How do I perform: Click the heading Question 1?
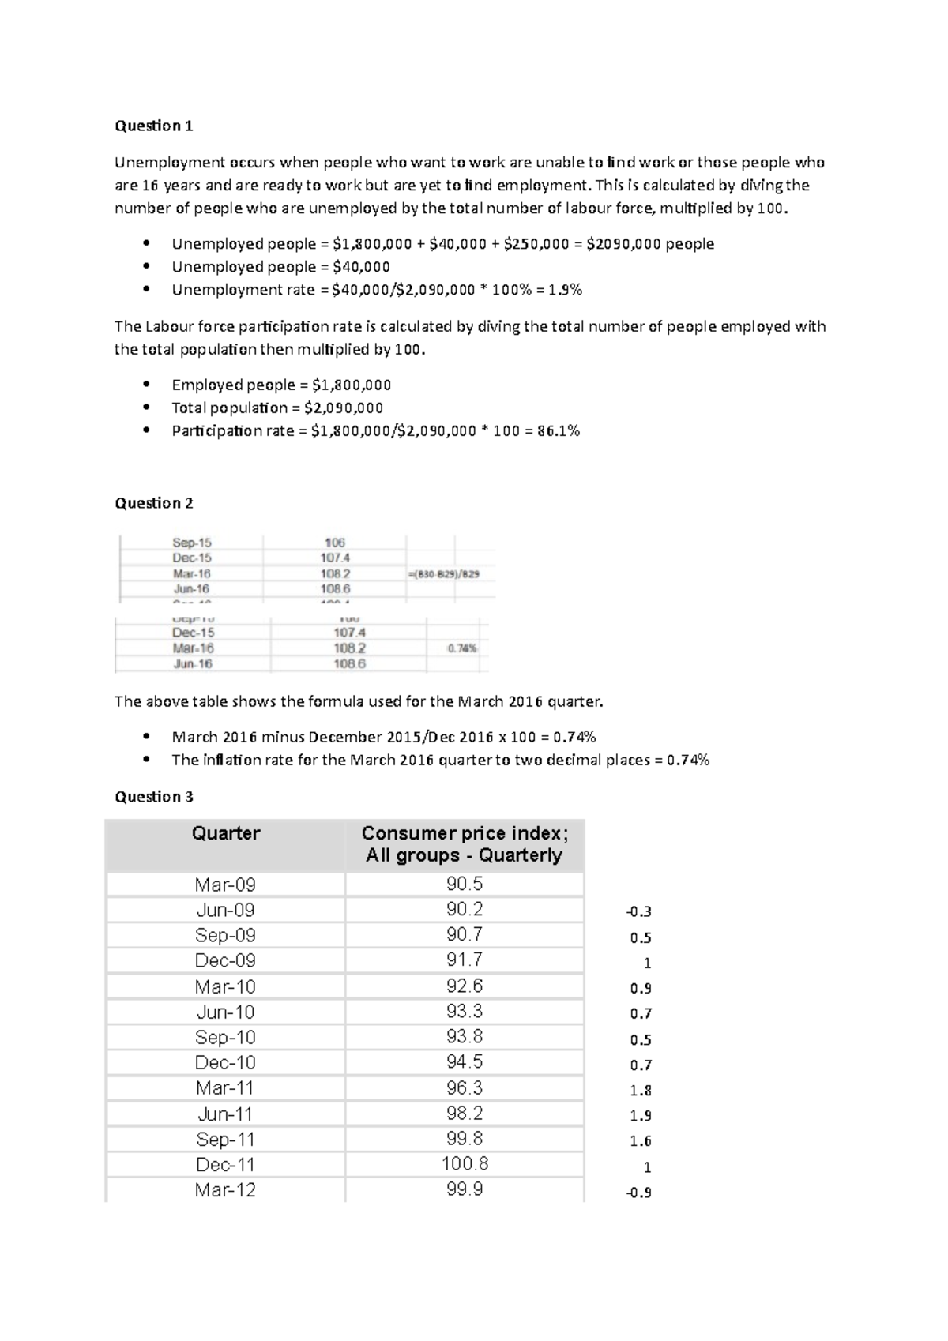coord(154,126)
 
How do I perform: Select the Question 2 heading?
coord(154,503)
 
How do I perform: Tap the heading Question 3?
coord(154,796)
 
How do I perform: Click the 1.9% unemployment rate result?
coord(565,290)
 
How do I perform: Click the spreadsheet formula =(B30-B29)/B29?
coord(444,574)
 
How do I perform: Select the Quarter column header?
coord(226,833)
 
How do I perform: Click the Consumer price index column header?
coord(464,844)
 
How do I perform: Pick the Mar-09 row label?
coord(226,885)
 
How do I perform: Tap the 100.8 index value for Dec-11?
coord(465,1164)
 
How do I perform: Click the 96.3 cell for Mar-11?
coord(465,1088)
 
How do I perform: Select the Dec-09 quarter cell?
coord(226,960)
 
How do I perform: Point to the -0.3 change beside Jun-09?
coord(638,912)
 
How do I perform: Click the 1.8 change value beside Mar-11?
coord(641,1091)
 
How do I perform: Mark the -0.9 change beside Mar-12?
coord(638,1193)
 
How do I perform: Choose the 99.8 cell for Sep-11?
coord(465,1139)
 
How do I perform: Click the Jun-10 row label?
coord(226,1012)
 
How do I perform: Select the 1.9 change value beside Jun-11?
coord(641,1116)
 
